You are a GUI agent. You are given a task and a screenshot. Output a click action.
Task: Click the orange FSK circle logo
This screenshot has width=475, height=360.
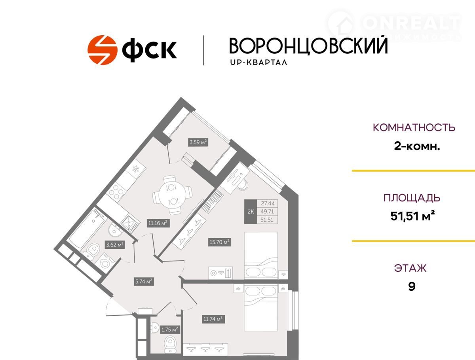[x=103, y=50]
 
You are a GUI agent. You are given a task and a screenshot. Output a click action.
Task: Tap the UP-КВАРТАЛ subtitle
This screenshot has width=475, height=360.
[x=258, y=63]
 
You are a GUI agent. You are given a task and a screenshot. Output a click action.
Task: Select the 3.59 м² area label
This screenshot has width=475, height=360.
[x=198, y=142]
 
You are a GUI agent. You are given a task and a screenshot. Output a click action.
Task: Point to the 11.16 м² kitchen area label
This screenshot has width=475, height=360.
[x=158, y=223]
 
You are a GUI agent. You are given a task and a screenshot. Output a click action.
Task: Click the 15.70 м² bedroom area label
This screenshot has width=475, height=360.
[x=220, y=242]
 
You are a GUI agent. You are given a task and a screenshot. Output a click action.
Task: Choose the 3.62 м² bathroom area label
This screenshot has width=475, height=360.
[x=115, y=245]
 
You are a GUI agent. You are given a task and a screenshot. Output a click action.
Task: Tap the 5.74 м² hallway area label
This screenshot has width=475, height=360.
[x=144, y=282]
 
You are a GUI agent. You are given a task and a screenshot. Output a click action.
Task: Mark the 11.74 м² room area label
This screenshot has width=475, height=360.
[x=213, y=319]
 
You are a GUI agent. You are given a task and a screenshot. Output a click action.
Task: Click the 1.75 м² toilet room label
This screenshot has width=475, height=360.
[x=170, y=330]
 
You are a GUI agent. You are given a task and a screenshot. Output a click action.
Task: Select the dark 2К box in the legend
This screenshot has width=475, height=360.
[x=251, y=212]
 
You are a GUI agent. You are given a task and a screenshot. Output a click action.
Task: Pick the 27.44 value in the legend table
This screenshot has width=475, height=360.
[x=268, y=203]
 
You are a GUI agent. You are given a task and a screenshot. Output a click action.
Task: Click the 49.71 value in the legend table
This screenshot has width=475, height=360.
[x=268, y=212]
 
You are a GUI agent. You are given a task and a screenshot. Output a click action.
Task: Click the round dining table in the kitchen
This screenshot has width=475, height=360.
[x=172, y=195]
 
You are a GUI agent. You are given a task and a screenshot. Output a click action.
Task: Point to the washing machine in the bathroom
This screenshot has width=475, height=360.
[x=105, y=263]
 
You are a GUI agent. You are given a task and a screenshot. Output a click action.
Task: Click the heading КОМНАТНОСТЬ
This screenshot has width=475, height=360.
[x=414, y=127]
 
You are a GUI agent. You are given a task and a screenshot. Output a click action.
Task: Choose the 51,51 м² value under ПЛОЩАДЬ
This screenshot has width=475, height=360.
[x=413, y=216]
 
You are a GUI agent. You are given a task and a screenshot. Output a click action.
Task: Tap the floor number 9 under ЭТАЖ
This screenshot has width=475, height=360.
[x=412, y=286]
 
